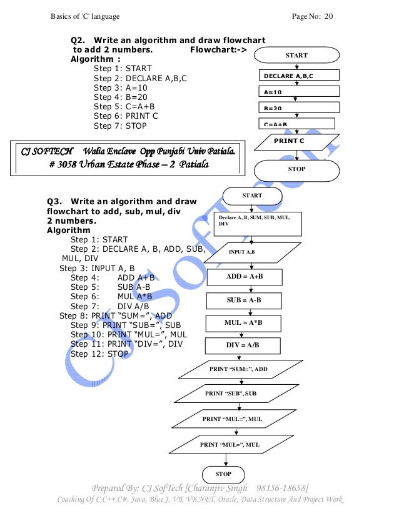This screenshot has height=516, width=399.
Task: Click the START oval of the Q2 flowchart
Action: pos(296,56)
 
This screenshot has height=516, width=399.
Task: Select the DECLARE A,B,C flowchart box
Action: pos(297,76)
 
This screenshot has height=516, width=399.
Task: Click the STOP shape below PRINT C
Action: pos(296,169)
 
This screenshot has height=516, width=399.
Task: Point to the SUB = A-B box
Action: pos(244,300)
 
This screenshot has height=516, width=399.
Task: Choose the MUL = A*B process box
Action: pos(244,322)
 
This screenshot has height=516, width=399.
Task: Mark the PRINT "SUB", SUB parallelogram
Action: pos(231,393)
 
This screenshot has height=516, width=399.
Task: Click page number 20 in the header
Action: pos(328,14)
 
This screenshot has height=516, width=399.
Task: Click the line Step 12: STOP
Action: pos(99,354)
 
